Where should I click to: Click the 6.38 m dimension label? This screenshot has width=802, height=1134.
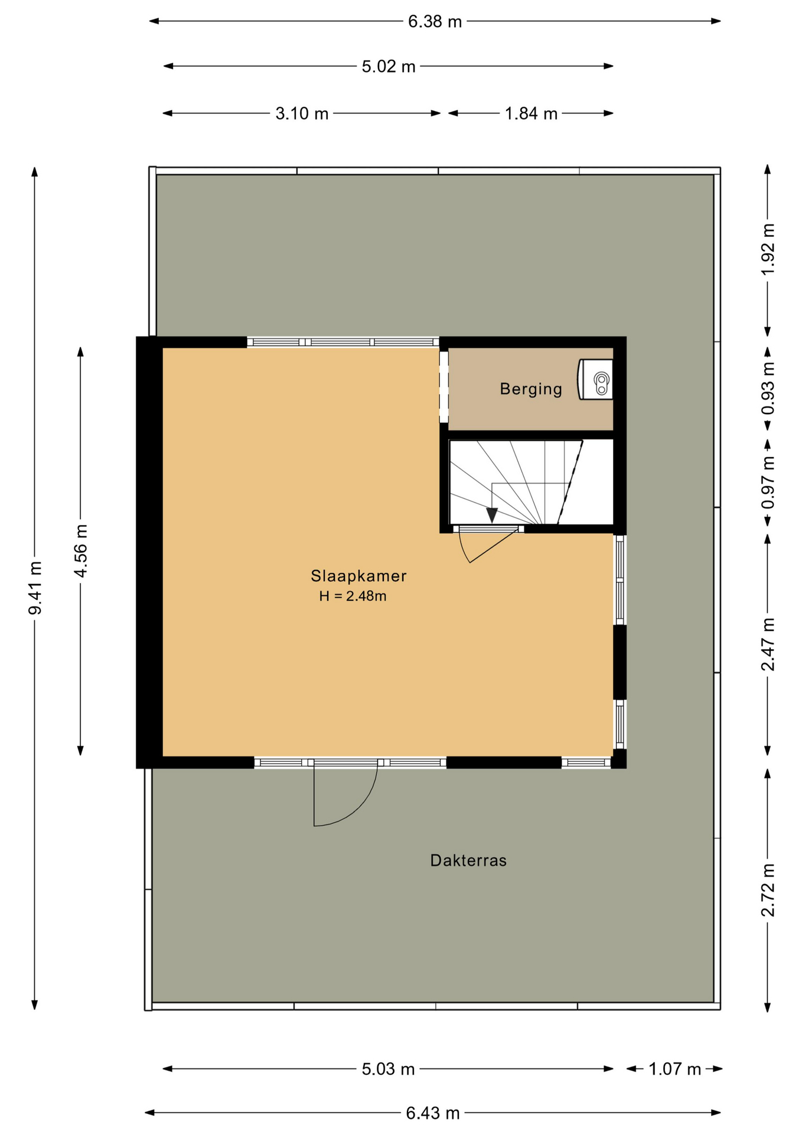pos(434,22)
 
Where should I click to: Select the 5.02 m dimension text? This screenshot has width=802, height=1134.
pos(388,67)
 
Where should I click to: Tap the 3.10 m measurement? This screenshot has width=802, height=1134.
pos(301,113)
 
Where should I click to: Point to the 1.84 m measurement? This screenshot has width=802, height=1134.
pos(530,113)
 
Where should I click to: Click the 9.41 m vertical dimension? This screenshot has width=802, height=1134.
pos(35,587)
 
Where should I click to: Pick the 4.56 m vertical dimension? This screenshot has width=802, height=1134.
pos(81,550)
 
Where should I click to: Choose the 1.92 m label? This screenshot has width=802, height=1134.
pos(767,249)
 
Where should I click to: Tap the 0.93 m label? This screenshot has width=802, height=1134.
pos(767,388)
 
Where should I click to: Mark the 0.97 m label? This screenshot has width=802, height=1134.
pos(767,483)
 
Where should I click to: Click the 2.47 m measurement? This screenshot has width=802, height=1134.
pos(767,644)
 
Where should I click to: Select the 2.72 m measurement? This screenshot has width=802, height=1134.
pos(767,889)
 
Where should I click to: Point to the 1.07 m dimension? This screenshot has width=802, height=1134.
pos(674,1069)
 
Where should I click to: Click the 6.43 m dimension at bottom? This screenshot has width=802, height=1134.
pos(432,1113)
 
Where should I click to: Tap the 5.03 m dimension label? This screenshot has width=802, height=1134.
pos(388,1069)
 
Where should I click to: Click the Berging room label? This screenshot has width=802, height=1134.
pos(530,389)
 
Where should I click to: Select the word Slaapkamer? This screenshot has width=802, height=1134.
pos(358,576)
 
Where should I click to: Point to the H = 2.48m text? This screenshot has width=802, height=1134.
pos(353,597)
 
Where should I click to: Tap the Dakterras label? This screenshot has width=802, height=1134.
pos(468,861)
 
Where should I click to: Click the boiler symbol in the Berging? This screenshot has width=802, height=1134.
pos(596,380)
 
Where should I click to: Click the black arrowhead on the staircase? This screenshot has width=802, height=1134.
pos(492,514)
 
